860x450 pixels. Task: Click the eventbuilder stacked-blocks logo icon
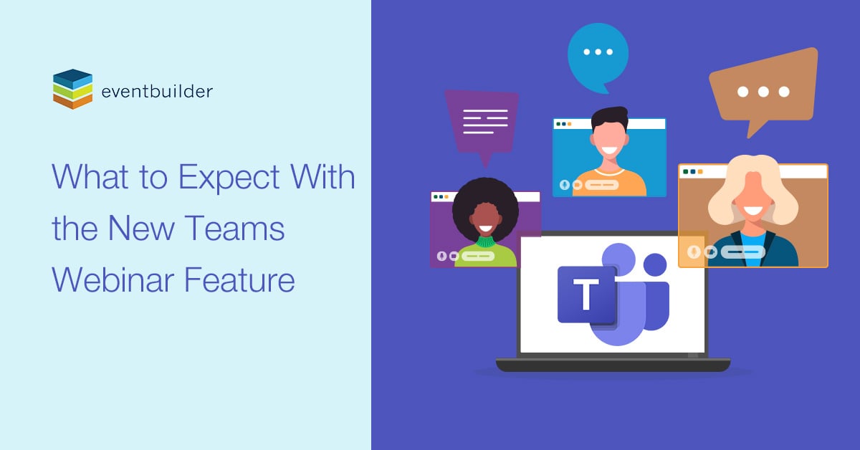[x=72, y=89]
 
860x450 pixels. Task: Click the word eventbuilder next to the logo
[x=157, y=91]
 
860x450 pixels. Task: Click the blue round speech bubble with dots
[x=598, y=54]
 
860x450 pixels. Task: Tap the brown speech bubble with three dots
[x=763, y=90]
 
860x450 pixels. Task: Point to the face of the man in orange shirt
[x=610, y=140]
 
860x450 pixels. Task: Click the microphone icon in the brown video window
[x=693, y=252]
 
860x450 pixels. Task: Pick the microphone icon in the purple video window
[x=441, y=256]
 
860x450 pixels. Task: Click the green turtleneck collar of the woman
[x=485, y=243]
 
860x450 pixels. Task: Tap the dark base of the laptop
[x=613, y=365]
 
